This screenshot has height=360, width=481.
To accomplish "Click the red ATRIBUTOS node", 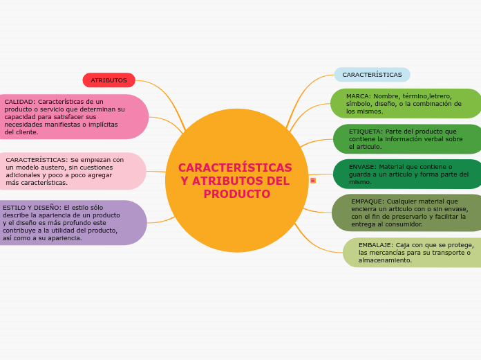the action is click(109, 80).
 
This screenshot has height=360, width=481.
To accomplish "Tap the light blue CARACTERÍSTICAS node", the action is click(372, 75).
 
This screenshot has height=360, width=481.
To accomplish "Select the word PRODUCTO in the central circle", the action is click(236, 194).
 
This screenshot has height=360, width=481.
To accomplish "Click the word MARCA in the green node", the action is click(358, 96).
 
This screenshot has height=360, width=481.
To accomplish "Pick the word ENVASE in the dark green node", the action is click(362, 167).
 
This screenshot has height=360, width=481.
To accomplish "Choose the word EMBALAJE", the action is click(375, 245).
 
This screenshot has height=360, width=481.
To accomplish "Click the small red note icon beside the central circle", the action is click(313, 181).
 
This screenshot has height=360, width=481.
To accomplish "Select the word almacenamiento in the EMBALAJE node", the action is click(384, 260).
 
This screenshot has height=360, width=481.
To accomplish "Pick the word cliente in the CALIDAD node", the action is click(26, 132).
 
